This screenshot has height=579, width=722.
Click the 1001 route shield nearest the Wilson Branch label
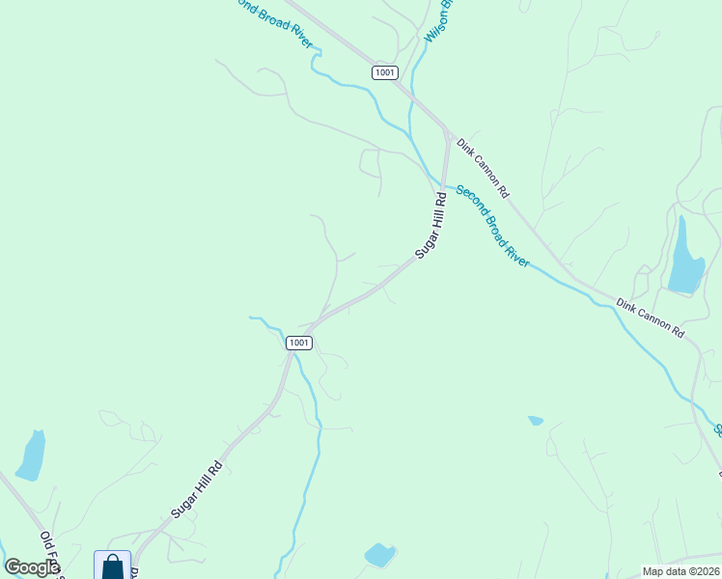[x=384, y=72]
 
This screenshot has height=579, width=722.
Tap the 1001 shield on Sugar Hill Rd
[x=298, y=343]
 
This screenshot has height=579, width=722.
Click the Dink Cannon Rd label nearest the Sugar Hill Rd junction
[x=484, y=167]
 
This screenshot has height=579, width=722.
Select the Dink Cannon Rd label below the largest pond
[x=651, y=318]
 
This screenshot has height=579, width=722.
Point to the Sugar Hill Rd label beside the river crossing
[x=431, y=225]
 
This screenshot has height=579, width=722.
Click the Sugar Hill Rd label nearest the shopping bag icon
[x=197, y=489]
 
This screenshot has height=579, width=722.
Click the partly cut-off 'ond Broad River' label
[x=275, y=22]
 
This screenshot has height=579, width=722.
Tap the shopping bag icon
[x=112, y=565]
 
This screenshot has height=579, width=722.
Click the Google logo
[x=32, y=567]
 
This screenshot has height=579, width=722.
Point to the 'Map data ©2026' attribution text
[x=680, y=571]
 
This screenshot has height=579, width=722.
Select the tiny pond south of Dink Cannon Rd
[x=536, y=421]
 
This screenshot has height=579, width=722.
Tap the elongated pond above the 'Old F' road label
[x=31, y=455]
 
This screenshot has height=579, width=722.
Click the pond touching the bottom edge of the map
[x=378, y=555]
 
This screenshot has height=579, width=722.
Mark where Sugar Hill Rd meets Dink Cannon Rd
[x=448, y=131]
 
